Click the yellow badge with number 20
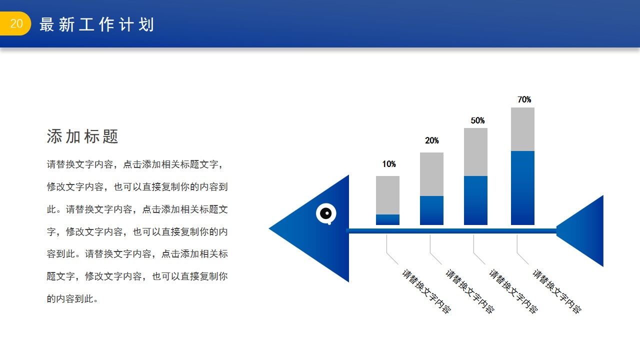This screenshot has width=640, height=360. (x=15, y=24)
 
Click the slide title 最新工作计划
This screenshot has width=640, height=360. (x=96, y=24)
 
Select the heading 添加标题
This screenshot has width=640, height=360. (x=82, y=136)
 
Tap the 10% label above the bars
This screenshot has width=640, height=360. (x=389, y=164)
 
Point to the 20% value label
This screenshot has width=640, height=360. (x=432, y=140)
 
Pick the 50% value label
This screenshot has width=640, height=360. (x=477, y=120)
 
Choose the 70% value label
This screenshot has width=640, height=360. (x=524, y=99)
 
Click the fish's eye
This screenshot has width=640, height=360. (x=326, y=213)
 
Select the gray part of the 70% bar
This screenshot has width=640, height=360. (x=522, y=129)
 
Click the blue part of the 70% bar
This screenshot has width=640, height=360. (x=522, y=187)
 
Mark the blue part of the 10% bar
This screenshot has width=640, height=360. (x=387, y=219)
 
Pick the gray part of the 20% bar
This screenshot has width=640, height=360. (x=431, y=174)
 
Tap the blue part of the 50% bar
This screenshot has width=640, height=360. (x=475, y=200)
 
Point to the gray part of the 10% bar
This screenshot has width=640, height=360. (x=387, y=195)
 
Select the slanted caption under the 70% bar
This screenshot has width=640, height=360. (x=556, y=291)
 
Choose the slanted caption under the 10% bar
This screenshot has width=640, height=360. (x=426, y=291)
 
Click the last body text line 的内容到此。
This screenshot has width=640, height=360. (x=72, y=299)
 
